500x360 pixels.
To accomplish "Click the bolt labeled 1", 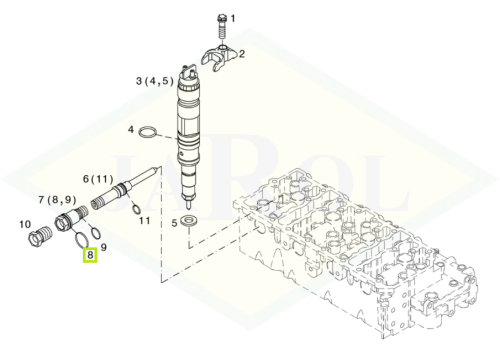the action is [x=222, y=27].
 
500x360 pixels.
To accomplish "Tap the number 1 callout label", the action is [x=233, y=19].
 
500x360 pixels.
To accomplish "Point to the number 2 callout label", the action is [x=242, y=54].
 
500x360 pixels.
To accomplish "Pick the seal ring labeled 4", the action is [x=148, y=132].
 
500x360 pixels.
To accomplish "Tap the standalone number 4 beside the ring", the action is [x=131, y=129].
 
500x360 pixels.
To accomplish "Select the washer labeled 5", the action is [x=189, y=221].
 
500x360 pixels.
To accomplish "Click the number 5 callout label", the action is [x=174, y=223].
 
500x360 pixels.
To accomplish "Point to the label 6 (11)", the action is [x=98, y=179].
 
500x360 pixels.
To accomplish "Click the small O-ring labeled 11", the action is [x=136, y=210].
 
